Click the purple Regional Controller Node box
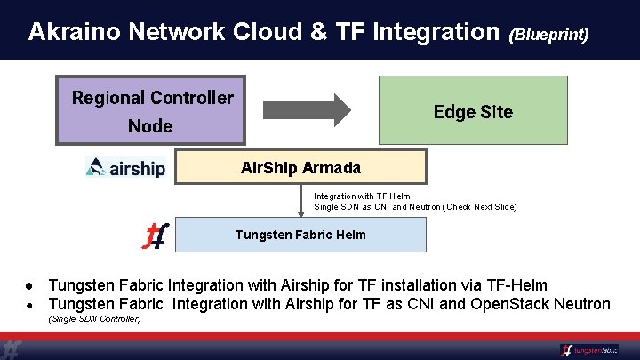tap(150, 111)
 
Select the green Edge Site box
tap(473, 111)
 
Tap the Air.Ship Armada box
tap(300, 167)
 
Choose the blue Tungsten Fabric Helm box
tap(300, 235)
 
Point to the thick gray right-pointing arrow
tap(308, 109)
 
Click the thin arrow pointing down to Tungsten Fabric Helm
tap(301, 201)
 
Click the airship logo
tap(125, 167)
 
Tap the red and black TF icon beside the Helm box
tap(156, 236)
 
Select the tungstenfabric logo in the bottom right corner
tap(589, 350)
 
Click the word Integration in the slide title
tap(436, 33)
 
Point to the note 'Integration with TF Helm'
tap(362, 196)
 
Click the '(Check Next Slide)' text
tap(473, 207)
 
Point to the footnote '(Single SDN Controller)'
tap(94, 318)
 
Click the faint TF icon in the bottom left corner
tap(12, 349)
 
